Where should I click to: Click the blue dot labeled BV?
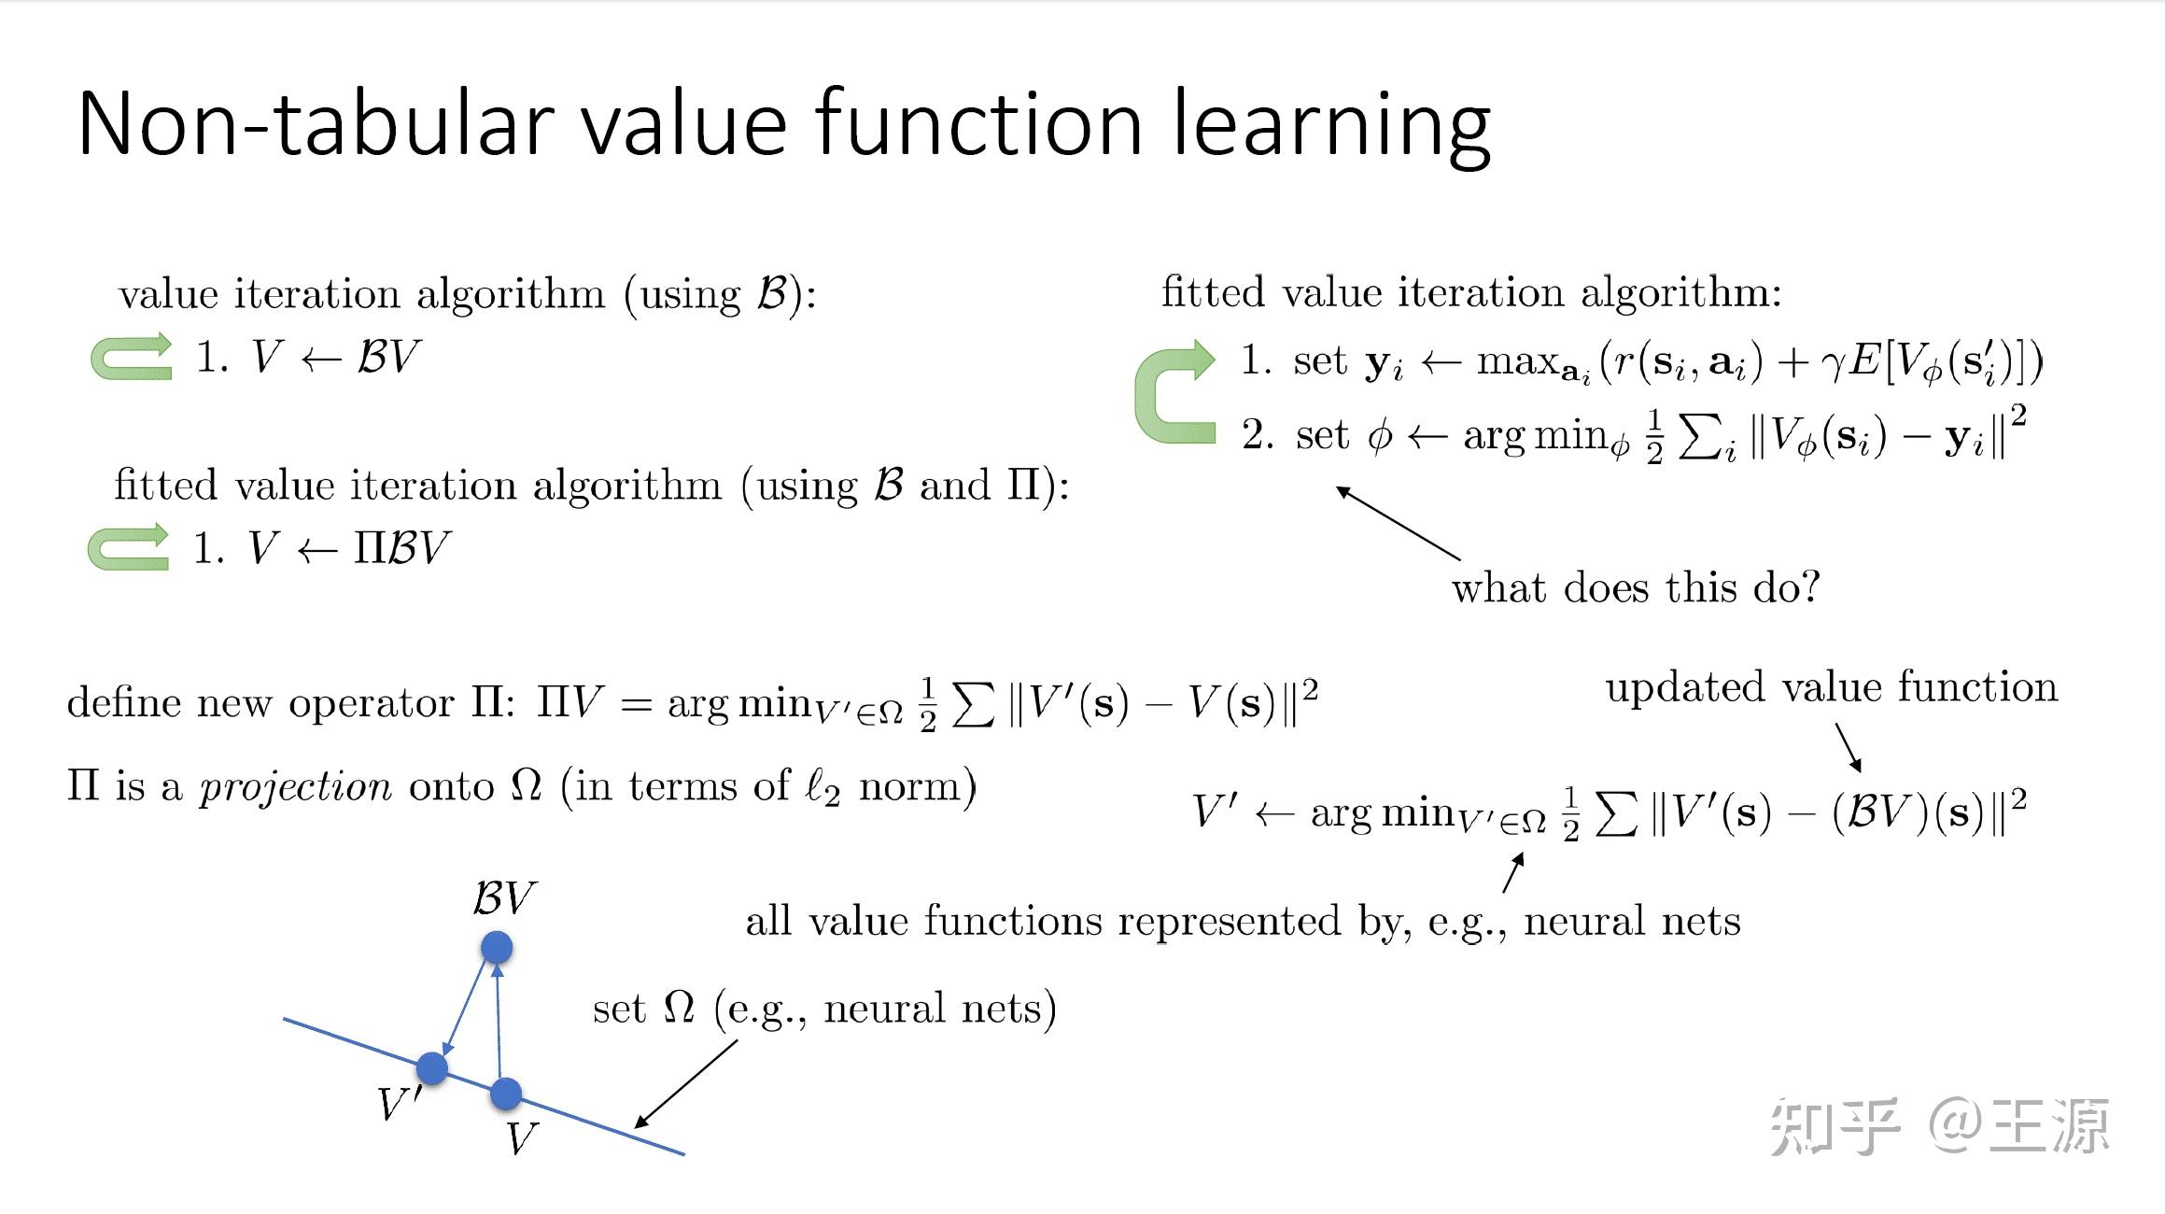tap(497, 947)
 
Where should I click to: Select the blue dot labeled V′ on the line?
tap(431, 1067)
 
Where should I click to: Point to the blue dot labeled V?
tap(505, 1093)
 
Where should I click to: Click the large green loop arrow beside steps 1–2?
tap(1171, 392)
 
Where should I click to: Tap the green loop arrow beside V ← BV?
tap(131, 358)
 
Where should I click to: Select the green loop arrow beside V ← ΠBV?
tap(128, 547)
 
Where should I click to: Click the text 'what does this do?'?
tap(1636, 588)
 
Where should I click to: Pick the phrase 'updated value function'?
tap(1831, 687)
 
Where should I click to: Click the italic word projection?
tap(295, 787)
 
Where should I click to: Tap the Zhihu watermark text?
tap(1939, 1125)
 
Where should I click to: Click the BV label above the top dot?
tap(503, 898)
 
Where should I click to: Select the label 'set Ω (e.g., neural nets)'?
tap(824, 1009)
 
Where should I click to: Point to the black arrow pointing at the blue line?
tap(686, 1083)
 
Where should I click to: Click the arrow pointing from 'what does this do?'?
tap(1398, 523)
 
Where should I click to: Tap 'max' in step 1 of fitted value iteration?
tap(1517, 360)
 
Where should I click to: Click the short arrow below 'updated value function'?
tap(1849, 747)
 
